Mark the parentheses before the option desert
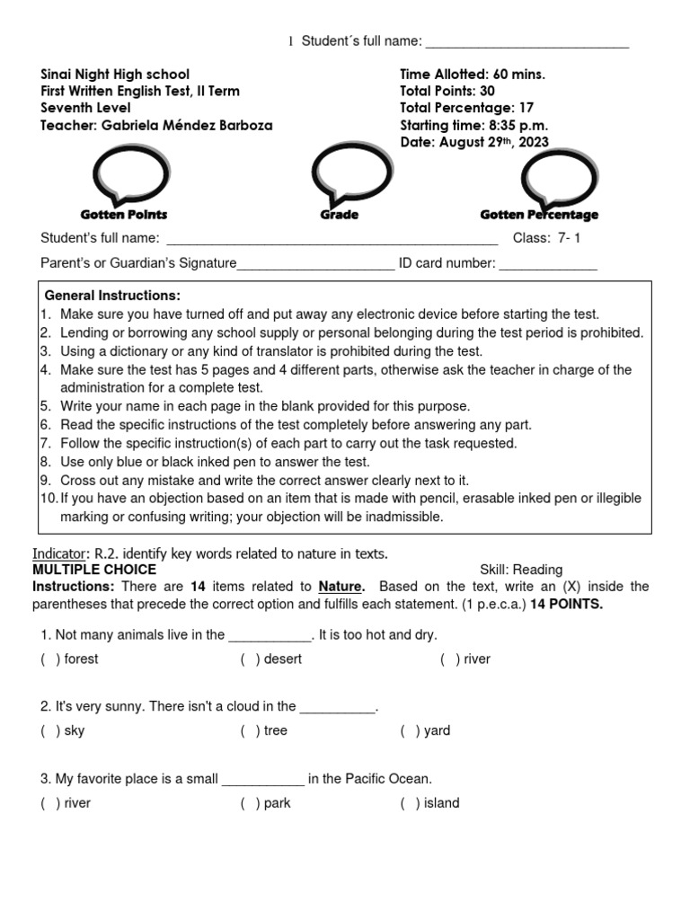[x=251, y=659]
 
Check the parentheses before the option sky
[x=50, y=731]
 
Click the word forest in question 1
[x=82, y=659]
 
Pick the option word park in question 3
[x=277, y=803]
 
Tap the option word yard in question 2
[x=437, y=731]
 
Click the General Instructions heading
[x=112, y=296]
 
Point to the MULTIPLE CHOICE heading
[x=94, y=570]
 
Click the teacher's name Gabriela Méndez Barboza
[x=186, y=126]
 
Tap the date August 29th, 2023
[x=491, y=143]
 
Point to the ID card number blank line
[x=548, y=264]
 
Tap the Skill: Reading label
[x=521, y=570]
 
